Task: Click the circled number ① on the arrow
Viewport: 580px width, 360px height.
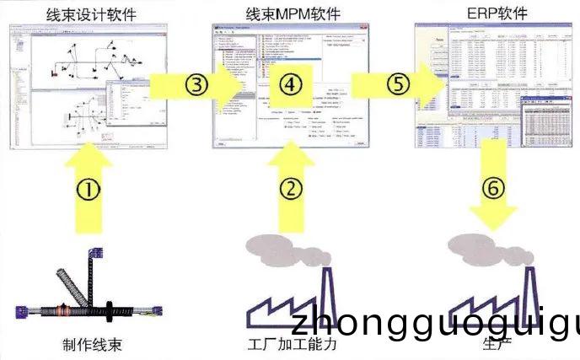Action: [89, 190]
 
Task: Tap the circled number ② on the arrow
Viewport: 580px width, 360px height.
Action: [290, 189]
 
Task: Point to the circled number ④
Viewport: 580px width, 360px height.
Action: [289, 84]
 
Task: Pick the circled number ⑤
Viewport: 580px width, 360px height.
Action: [399, 84]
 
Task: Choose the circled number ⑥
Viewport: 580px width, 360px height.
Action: [494, 187]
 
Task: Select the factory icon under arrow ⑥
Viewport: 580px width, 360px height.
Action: [494, 304]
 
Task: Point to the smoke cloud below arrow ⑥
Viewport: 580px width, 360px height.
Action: [485, 245]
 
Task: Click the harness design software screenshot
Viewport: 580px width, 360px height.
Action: [80, 84]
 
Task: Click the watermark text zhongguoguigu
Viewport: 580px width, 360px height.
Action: [435, 325]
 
